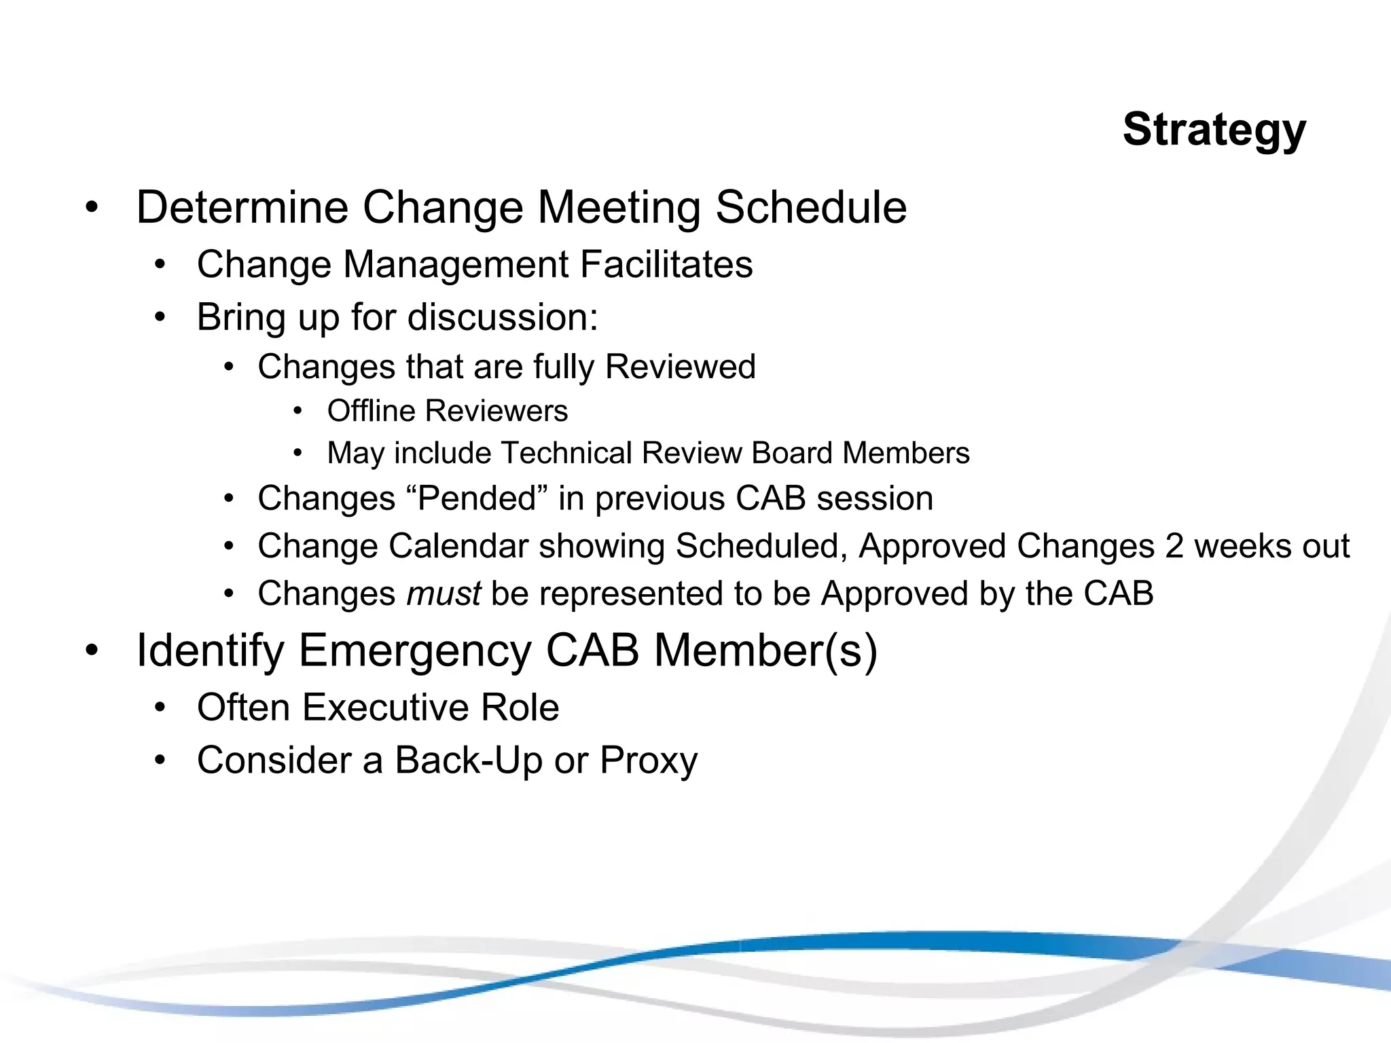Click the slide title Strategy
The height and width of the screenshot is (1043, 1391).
coord(1214,129)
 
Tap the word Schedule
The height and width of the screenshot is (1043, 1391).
coord(811,207)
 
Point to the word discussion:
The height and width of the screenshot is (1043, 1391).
coord(502,317)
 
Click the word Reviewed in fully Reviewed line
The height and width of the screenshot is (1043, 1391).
coord(680,367)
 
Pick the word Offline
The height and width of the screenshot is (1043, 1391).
coord(370,411)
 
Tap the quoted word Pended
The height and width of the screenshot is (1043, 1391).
coord(477,498)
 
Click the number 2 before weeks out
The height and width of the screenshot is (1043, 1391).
coord(1174,546)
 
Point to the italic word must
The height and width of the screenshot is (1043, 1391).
coord(444,593)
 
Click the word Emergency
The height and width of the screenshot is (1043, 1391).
coord(414,651)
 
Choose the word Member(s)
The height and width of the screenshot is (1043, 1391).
coord(765,651)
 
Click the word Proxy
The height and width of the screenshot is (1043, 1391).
coord(648,761)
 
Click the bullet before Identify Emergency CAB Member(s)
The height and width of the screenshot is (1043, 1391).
coord(92,651)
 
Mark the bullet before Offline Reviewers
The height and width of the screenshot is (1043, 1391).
coord(297,411)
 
